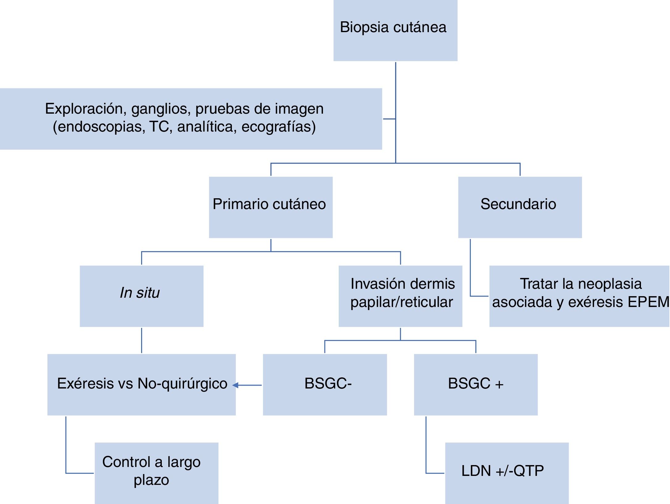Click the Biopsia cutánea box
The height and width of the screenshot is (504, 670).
[395, 30]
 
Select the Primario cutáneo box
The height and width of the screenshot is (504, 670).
[270, 207]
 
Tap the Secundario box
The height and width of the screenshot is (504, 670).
[520, 207]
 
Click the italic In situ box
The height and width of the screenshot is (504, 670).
[141, 296]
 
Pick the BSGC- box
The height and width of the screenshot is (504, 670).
[325, 384]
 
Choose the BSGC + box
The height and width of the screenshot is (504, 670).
[475, 384]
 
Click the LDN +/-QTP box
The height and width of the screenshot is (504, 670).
[506, 472]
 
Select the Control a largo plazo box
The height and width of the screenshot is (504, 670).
[156, 472]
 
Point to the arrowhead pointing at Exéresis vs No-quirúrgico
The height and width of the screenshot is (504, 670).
[235, 385]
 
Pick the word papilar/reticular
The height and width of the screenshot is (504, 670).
[401, 302]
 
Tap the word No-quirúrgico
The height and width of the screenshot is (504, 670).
[182, 384]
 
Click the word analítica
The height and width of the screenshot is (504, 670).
[205, 127]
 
